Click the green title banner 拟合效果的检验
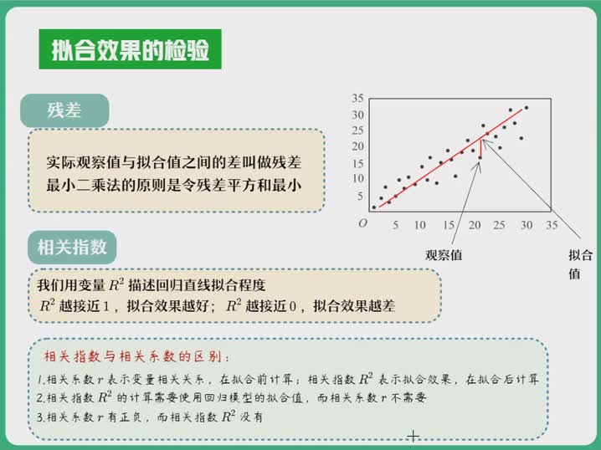tap(131, 49)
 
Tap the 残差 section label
tap(64, 110)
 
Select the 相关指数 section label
tap(72, 247)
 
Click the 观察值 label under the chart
tap(444, 255)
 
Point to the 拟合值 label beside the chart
tap(580, 264)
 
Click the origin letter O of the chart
tap(362, 223)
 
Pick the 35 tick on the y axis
tap(357, 99)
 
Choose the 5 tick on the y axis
tap(360, 196)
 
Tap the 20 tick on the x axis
tap(475, 225)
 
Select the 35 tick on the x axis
tap(552, 225)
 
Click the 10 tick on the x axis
tap(419, 225)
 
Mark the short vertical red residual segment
tap(480, 149)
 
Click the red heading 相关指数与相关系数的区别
tap(136, 356)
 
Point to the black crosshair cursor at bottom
tap(414, 437)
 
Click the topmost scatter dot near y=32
tap(527, 108)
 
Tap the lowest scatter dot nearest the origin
tap(374, 207)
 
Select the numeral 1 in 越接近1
tap(106, 306)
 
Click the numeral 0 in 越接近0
tap(292, 306)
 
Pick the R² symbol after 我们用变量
tap(116, 284)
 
